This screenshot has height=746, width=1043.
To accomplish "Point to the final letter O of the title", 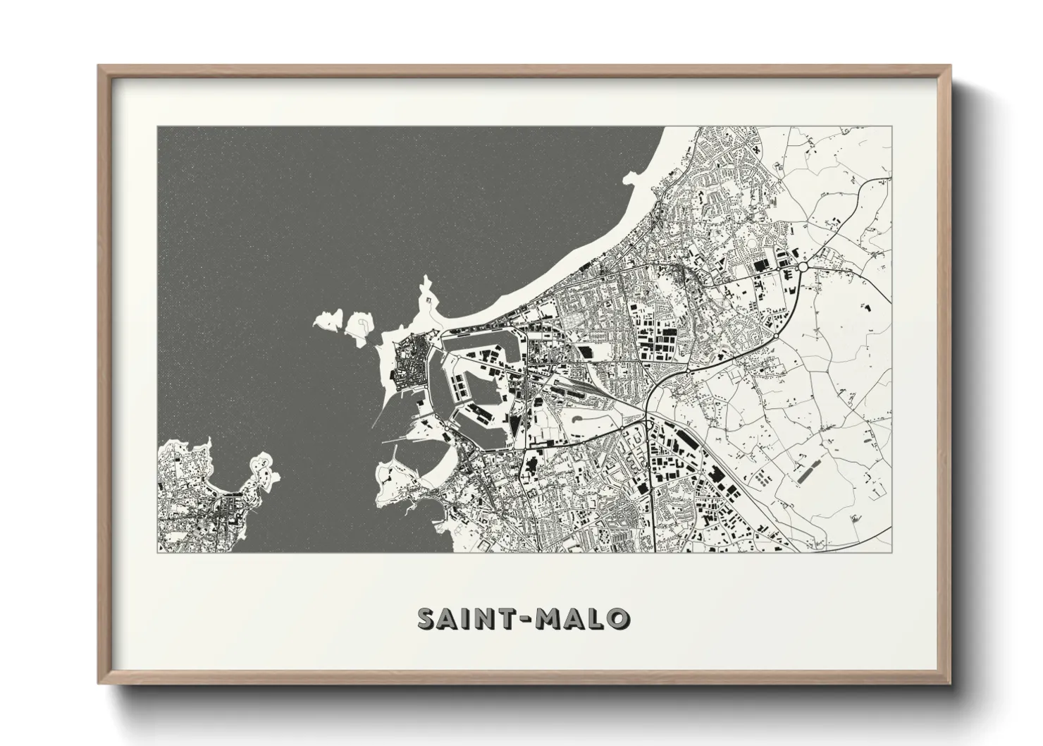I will (619, 619).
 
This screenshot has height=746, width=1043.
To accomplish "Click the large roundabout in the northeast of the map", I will (802, 267).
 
